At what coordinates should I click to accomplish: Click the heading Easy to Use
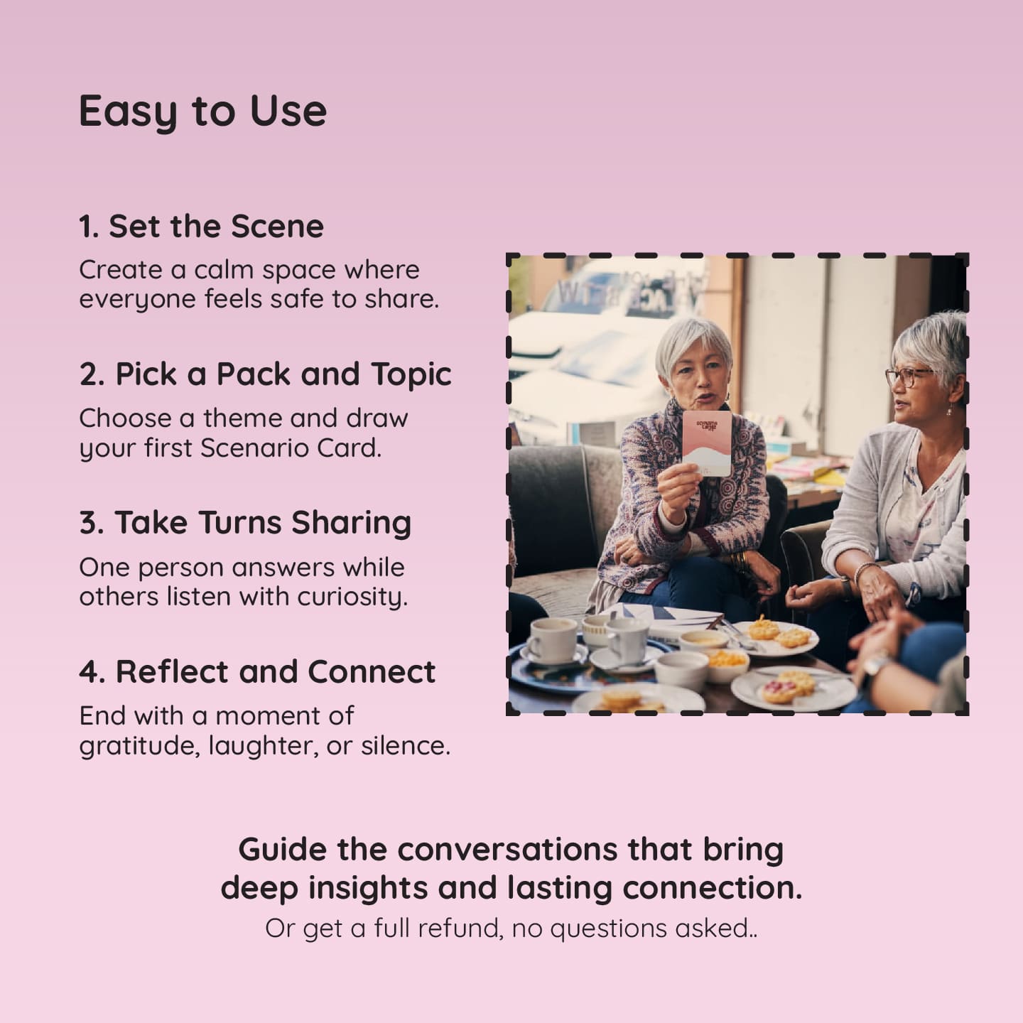[202, 112]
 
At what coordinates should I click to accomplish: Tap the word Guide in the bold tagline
[283, 850]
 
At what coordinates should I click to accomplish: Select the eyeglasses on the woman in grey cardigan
[909, 377]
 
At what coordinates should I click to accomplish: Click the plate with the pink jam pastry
[794, 689]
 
